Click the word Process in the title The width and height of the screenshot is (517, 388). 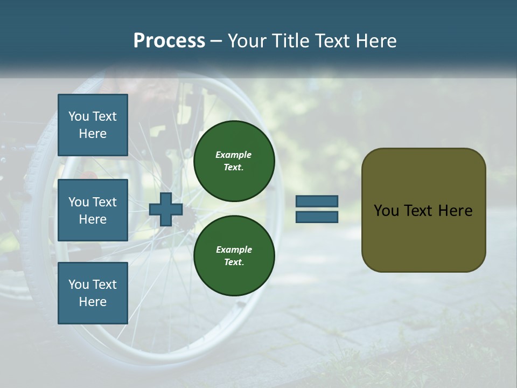[169, 41]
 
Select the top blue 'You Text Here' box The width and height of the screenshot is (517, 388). [93, 125]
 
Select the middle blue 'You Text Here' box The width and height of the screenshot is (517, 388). [93, 210]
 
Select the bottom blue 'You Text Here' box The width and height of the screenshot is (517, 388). [93, 293]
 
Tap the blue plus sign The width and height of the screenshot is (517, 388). [166, 209]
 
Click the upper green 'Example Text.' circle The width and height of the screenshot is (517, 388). [234, 161]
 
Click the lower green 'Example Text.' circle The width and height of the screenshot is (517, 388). [234, 256]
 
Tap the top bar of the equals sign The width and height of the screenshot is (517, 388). [317, 201]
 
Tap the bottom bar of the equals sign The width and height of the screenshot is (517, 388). [317, 217]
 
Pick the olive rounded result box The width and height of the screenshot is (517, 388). [423, 210]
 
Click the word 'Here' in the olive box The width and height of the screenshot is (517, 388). [455, 211]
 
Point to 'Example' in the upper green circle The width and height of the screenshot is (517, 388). [234, 155]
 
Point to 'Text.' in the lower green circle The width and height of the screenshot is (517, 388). [234, 262]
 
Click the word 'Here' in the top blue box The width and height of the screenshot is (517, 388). [93, 134]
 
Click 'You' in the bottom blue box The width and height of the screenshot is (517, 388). [79, 285]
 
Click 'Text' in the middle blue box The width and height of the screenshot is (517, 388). [104, 202]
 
